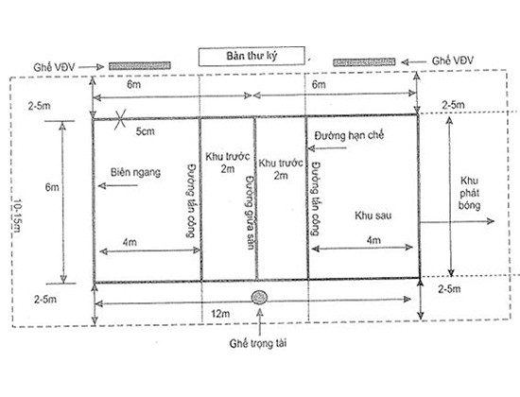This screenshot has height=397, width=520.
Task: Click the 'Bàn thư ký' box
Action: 251,56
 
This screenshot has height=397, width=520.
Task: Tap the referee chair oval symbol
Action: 259,297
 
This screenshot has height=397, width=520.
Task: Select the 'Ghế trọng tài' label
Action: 258,343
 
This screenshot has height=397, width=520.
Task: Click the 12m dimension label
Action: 220,314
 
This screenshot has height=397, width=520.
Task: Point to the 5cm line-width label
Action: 145,131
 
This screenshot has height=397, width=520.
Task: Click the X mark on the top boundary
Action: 120,119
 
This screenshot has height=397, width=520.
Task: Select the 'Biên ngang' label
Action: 135,172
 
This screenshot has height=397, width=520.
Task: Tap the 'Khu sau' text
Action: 373,216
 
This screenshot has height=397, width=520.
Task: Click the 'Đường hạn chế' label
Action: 349,135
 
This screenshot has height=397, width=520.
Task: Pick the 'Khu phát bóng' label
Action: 469,193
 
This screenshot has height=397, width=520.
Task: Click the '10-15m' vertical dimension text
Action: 17,216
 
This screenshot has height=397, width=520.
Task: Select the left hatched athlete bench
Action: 140,65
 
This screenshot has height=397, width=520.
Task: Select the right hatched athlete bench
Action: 364,62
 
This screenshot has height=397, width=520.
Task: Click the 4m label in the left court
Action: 130,242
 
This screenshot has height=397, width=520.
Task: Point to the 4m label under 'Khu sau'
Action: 373,240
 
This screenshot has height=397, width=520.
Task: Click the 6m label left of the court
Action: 52,187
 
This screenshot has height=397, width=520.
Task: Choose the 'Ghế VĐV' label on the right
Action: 452,60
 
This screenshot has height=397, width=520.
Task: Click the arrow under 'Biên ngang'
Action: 118,185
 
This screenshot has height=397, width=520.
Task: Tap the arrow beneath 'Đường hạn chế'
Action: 328,147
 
